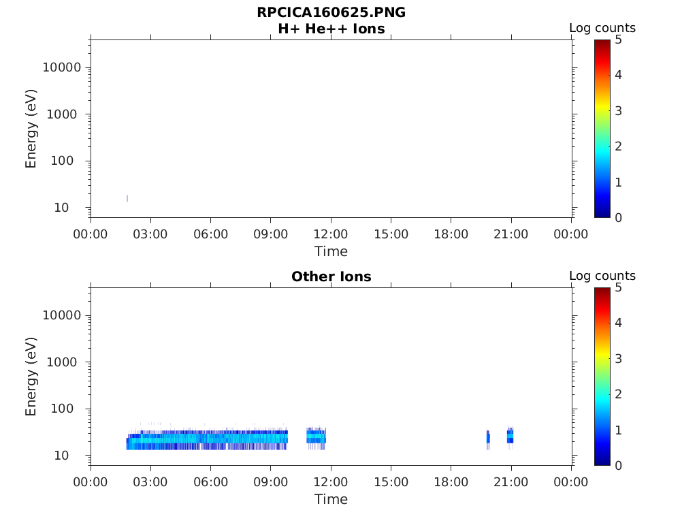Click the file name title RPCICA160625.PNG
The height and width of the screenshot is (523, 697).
331,12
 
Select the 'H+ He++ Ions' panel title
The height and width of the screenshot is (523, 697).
331,29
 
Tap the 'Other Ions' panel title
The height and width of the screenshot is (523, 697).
331,276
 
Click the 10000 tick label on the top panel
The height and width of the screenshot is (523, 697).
61,67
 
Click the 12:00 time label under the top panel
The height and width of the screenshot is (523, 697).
331,234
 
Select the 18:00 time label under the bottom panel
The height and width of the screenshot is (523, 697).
451,482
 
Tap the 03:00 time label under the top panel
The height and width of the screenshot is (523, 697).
150,234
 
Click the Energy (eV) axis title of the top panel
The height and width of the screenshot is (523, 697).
31,128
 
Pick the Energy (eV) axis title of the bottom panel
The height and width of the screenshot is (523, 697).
31,376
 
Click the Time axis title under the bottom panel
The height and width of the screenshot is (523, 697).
331,499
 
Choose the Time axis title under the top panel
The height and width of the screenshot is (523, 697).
331,251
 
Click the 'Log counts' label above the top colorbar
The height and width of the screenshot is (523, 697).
602,29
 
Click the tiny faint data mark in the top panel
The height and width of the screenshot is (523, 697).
127,198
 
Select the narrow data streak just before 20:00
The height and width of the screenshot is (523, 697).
487,439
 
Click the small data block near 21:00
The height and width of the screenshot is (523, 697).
510,436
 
